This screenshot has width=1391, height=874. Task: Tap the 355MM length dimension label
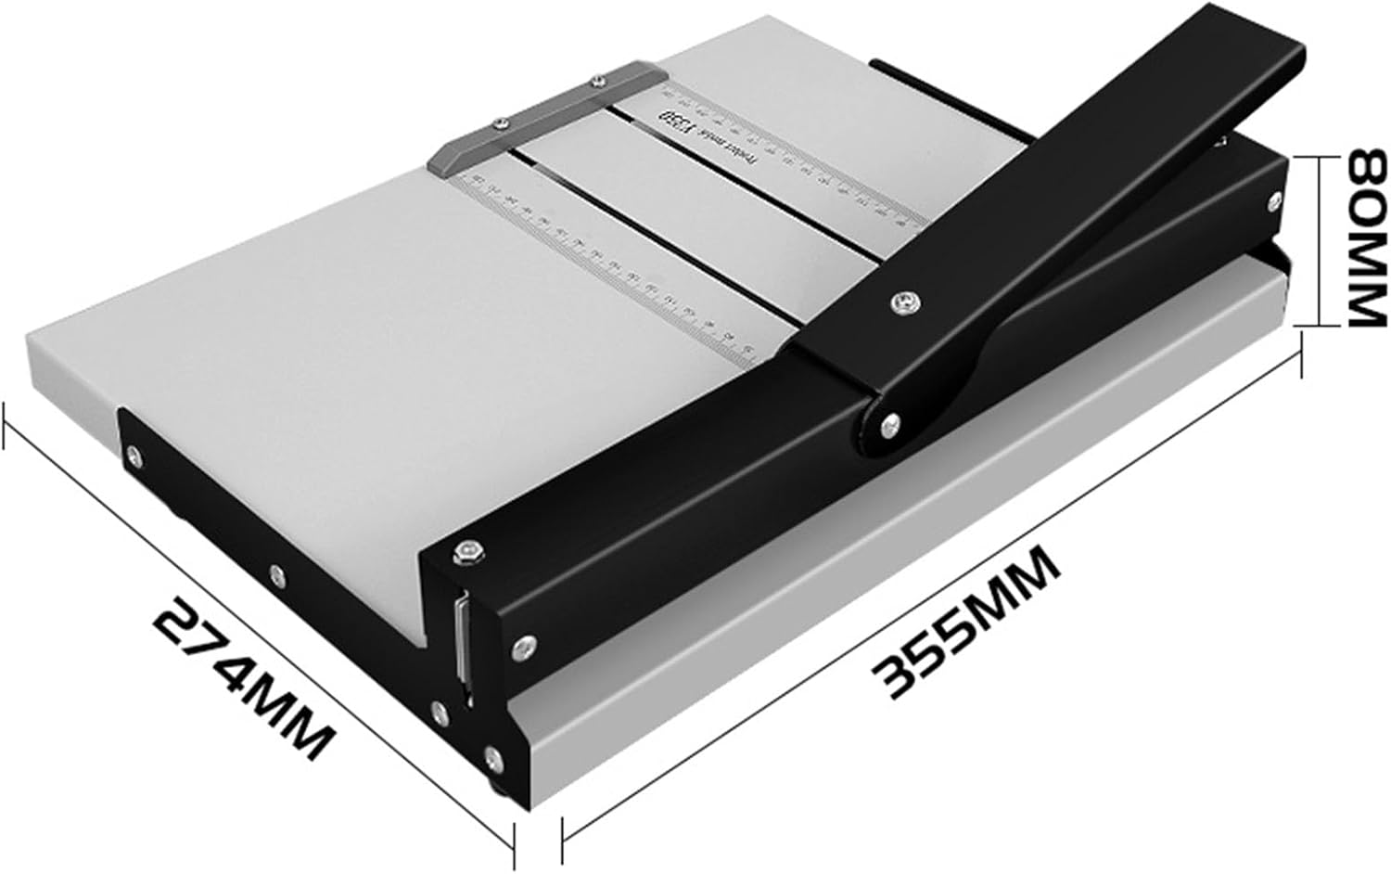(x=969, y=623)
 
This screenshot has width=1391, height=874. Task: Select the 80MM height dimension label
(x=1360, y=239)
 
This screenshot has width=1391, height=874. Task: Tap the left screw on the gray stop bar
(x=500, y=120)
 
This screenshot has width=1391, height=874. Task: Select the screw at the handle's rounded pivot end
(x=888, y=424)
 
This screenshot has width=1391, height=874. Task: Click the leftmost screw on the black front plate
(x=136, y=454)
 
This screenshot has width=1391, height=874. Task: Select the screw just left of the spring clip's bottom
(x=439, y=713)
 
